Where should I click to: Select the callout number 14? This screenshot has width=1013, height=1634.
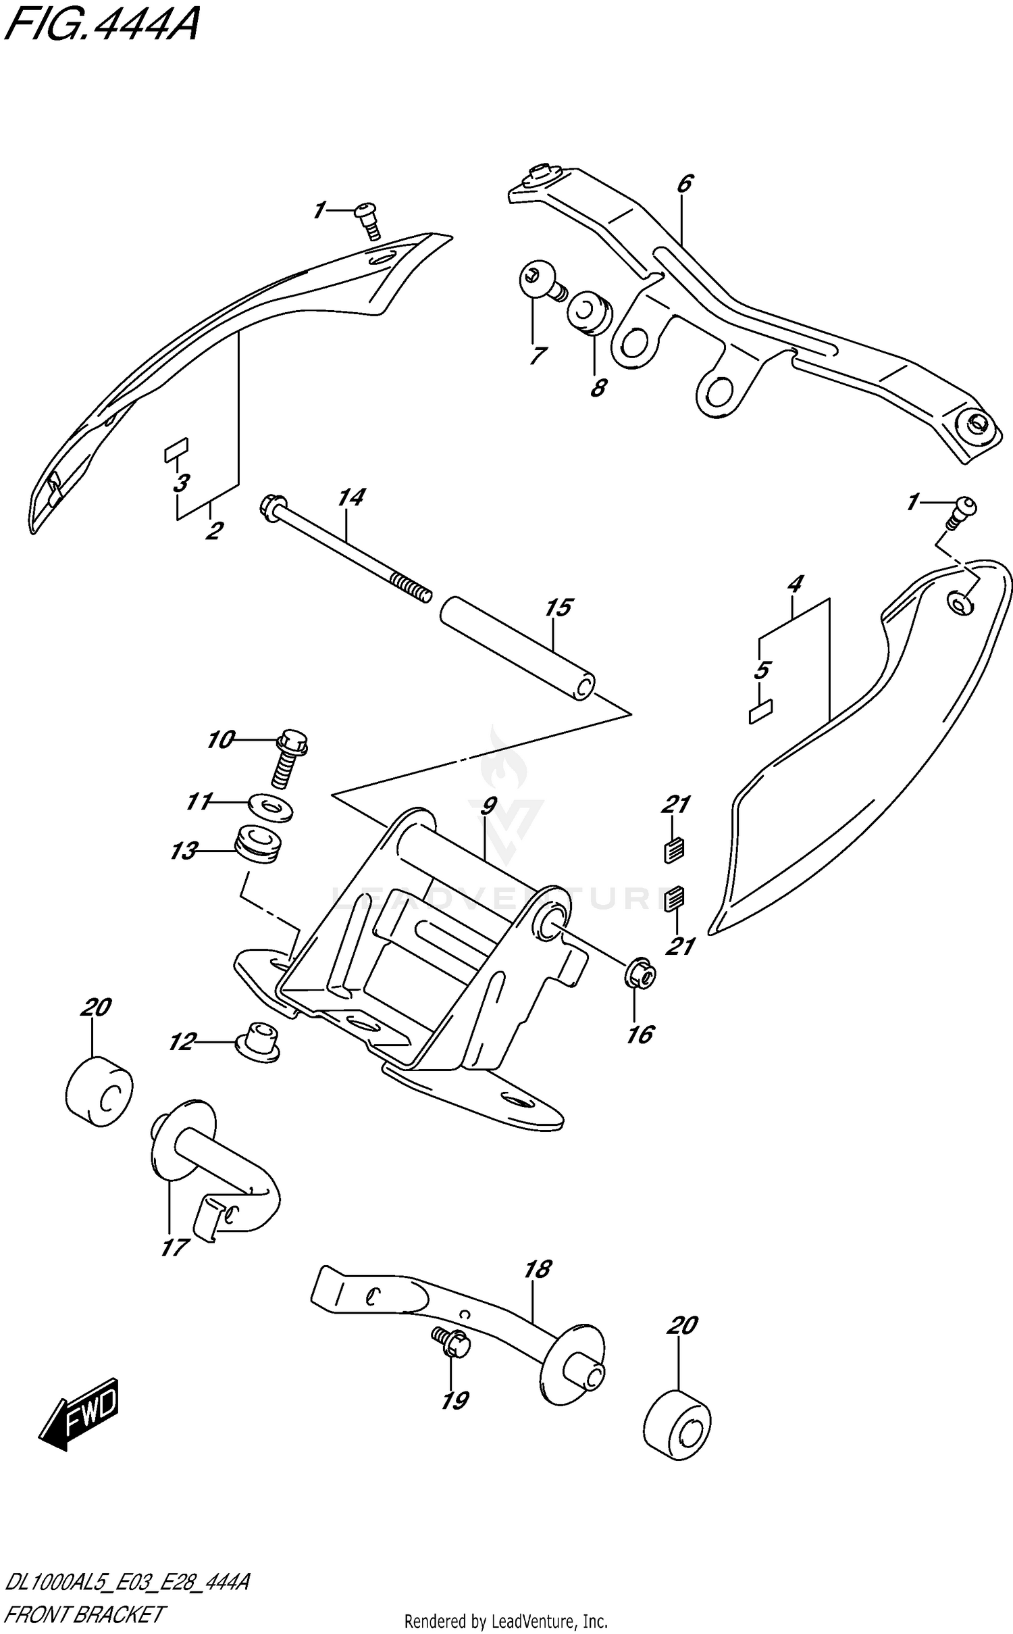[350, 498]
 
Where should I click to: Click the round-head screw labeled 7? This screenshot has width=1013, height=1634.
[539, 282]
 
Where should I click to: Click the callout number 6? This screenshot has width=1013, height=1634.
[685, 184]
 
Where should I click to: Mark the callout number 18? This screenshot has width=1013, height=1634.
[537, 1269]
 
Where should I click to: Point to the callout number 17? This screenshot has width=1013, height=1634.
[173, 1247]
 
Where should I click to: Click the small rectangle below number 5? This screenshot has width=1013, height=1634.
[761, 712]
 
